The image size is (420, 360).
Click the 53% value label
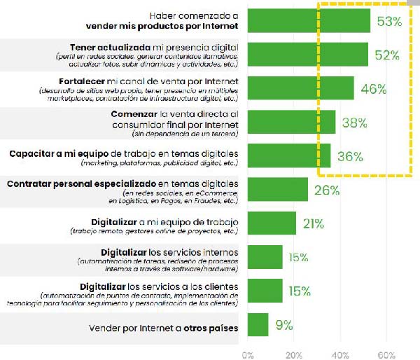[x=389, y=22]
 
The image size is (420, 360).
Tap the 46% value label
[x=373, y=89]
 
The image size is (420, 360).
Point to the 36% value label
[x=350, y=156]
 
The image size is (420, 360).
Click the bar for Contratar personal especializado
[x=277, y=190]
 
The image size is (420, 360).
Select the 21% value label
[x=313, y=223]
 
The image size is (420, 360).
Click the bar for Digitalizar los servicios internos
[x=265, y=257]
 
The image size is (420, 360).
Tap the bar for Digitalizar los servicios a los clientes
[x=265, y=291]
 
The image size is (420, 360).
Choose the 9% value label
[x=283, y=324]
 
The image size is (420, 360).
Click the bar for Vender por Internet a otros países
[x=258, y=324]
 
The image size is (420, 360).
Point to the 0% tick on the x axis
[x=247, y=354]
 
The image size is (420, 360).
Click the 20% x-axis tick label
[x=294, y=354]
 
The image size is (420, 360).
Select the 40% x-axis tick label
[x=341, y=354]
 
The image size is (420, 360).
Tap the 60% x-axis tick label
[x=387, y=354]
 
